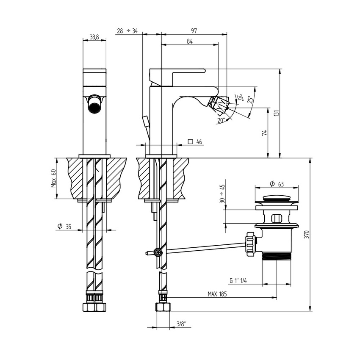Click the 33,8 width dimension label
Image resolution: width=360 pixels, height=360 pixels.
94,37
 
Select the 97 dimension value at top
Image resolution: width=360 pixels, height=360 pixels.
194,30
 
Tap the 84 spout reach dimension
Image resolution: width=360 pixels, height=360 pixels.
190,42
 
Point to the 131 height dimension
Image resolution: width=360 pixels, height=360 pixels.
277,113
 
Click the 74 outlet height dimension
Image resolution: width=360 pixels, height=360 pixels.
264,133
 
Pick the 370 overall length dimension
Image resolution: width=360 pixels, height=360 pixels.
307,234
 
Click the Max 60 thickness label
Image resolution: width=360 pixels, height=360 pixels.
53,178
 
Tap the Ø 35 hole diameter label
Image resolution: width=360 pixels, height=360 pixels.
64,227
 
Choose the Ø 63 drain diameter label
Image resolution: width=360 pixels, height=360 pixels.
277,184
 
